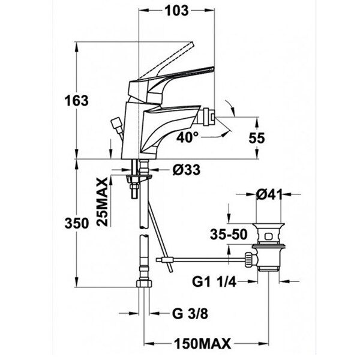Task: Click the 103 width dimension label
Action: [x=177, y=11]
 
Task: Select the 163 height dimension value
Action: [x=76, y=101]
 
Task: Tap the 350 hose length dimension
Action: [x=76, y=223]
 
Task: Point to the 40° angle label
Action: [x=187, y=137]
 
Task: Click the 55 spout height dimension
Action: [x=257, y=138]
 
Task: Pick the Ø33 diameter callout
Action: [x=187, y=170]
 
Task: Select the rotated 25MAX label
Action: [x=103, y=202]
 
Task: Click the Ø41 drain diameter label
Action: [x=269, y=195]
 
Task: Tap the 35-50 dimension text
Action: [x=229, y=235]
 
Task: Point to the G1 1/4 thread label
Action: [x=214, y=282]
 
